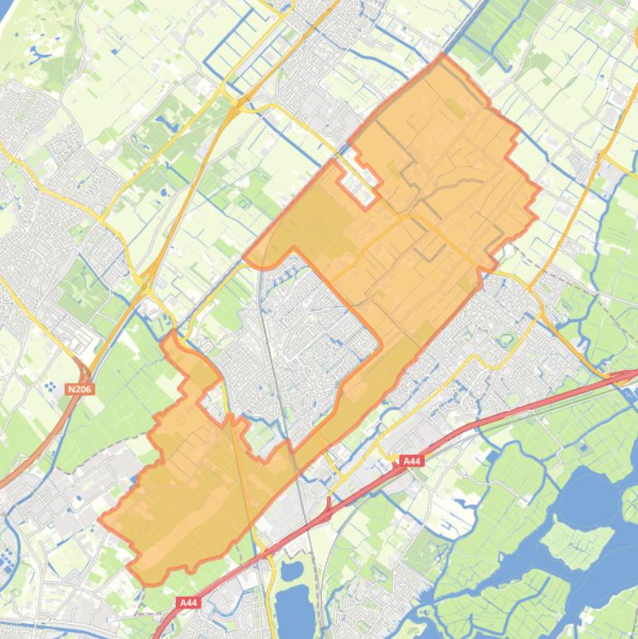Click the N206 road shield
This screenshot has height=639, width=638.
(78, 388)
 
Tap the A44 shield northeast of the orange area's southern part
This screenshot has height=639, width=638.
(411, 461)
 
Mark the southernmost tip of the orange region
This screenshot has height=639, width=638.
(149, 584)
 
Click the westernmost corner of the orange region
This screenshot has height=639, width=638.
(100, 520)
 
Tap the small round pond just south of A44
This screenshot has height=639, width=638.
(291, 571)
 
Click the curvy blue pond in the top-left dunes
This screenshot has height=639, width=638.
(37, 53)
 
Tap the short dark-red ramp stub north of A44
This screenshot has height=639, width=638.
(329, 505)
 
